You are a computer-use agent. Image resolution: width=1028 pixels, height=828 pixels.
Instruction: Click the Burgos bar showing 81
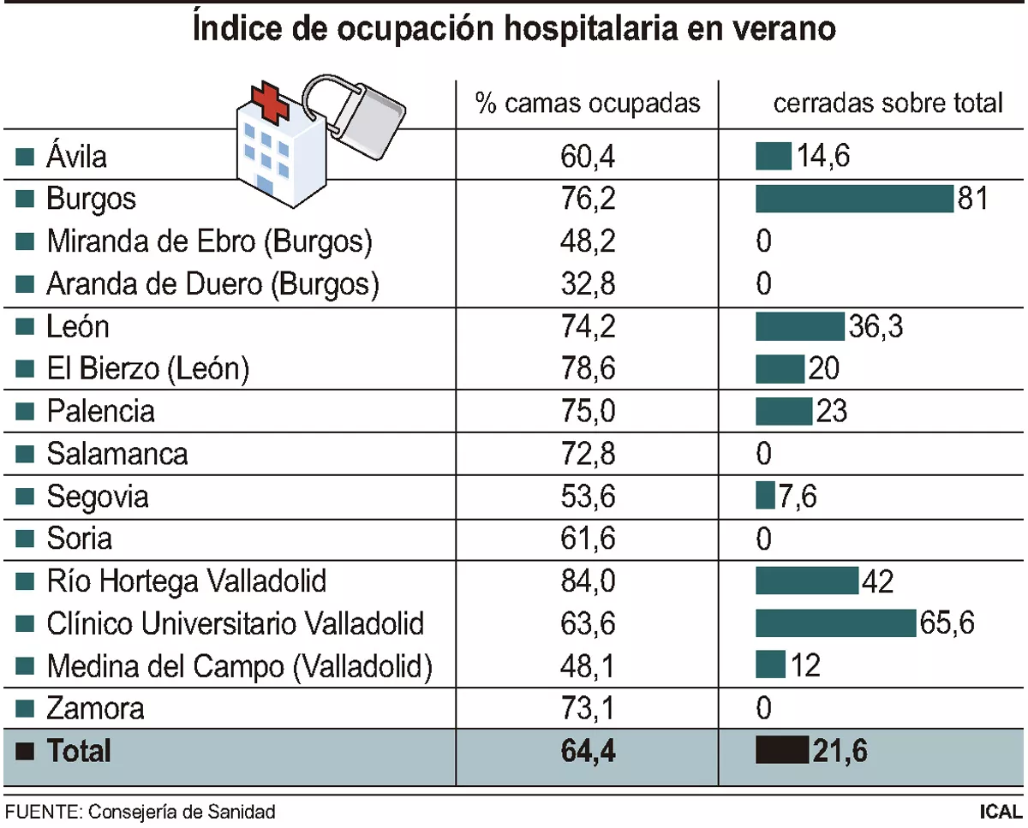(x=853, y=199)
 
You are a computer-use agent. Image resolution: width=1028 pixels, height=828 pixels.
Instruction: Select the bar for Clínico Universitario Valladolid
(x=835, y=623)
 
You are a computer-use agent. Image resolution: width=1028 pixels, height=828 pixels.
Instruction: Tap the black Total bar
(x=781, y=751)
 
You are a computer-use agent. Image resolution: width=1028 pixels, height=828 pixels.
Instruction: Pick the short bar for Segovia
(x=765, y=496)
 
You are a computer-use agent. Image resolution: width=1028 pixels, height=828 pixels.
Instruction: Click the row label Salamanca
(x=117, y=453)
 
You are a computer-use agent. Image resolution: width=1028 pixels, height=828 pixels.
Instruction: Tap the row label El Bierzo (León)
(x=147, y=369)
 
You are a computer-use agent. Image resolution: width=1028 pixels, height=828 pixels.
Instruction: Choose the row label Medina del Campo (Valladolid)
(x=239, y=666)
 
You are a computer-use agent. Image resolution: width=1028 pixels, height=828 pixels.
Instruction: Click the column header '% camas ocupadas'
(x=589, y=104)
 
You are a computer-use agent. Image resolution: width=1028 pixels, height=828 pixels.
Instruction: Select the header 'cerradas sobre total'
(x=888, y=104)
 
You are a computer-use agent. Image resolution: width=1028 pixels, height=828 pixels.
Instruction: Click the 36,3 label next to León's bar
(x=876, y=326)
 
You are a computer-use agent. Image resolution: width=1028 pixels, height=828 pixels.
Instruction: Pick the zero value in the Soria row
(x=764, y=539)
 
